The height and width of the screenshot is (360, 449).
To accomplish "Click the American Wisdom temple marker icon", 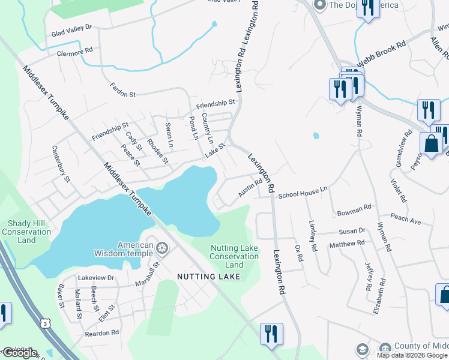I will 162,249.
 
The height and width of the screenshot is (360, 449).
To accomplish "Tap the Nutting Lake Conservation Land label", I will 234,256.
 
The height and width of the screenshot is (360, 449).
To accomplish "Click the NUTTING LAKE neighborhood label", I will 208,277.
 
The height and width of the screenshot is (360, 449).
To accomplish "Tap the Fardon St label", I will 124,91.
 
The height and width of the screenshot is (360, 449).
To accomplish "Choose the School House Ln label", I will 303,193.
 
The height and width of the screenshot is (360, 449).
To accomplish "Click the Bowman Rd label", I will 355,210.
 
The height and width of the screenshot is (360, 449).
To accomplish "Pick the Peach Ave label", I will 405,219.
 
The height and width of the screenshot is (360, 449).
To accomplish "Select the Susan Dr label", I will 352,231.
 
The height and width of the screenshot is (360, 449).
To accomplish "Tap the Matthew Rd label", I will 347,244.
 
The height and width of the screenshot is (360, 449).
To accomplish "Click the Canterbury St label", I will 61,164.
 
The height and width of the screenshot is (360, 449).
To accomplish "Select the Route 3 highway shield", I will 46,323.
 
